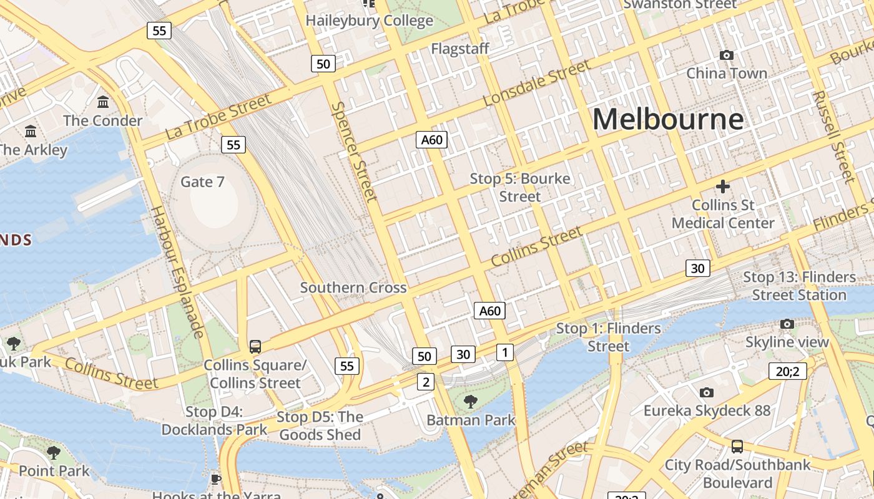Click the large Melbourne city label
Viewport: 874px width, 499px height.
[668, 119]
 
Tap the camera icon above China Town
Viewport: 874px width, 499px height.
[726, 56]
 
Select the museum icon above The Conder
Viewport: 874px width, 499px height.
[103, 102]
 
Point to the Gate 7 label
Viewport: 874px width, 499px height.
[202, 182]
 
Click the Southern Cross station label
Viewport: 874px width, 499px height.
[353, 288]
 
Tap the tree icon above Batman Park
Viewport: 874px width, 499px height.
[471, 401]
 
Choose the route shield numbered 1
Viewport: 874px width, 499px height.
[504, 352]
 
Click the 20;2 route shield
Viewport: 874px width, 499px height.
[787, 371]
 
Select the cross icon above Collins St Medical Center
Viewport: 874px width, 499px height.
[723, 187]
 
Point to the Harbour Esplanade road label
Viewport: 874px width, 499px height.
[177, 271]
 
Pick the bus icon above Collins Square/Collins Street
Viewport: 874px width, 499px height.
[255, 347]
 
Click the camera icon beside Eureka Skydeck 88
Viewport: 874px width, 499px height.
[706, 392]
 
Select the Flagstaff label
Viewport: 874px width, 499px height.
[460, 49]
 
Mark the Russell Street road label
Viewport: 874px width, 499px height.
[834, 137]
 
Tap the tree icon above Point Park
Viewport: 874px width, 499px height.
[54, 452]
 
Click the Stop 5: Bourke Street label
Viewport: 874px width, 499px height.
[520, 187]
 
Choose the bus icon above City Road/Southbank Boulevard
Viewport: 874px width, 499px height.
[737, 447]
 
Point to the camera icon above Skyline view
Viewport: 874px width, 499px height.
[787, 324]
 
